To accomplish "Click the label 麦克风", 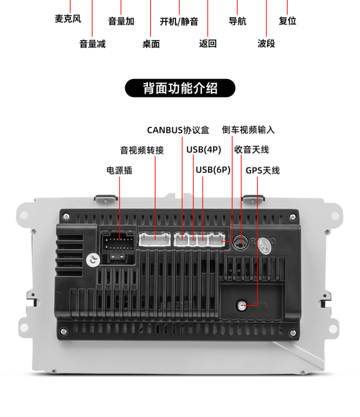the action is click(x=68, y=19).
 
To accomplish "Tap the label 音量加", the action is click(x=121, y=21).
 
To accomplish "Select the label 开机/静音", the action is click(x=179, y=21).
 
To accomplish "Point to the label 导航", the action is click(x=238, y=21).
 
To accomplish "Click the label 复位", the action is click(x=287, y=20).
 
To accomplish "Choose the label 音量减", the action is click(x=92, y=44).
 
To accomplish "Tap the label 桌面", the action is click(x=151, y=44).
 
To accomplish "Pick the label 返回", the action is click(x=208, y=43).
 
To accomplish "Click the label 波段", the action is click(x=266, y=43).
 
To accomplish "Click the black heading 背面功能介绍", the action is click(x=180, y=88).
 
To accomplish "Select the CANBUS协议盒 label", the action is click(x=178, y=130).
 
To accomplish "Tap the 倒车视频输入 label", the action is click(x=248, y=130).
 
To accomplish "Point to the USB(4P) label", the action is click(x=204, y=150).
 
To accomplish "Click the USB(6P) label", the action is click(x=213, y=170).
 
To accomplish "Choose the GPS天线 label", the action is click(x=263, y=171).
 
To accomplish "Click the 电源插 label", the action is click(x=119, y=171).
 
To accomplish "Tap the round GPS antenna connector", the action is click(x=241, y=305).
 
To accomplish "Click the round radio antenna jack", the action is click(x=240, y=243).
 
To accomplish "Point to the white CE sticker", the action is click(x=93, y=260).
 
